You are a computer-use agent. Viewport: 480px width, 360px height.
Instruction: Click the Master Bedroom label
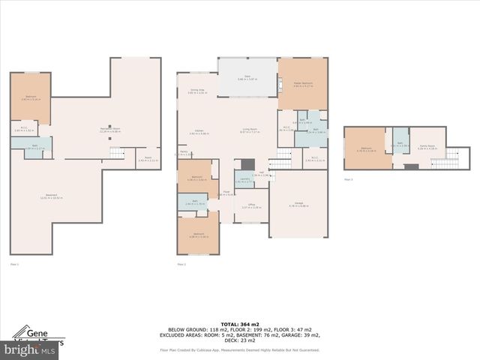coord(302,85)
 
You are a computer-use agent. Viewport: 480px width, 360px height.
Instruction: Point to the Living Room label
coord(250,131)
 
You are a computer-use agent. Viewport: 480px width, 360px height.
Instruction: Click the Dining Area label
coord(197,91)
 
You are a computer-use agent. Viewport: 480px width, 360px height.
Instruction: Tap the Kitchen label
coord(199,131)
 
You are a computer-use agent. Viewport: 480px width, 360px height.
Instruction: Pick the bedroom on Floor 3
coord(365,148)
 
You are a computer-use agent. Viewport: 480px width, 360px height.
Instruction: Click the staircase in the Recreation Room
coord(117,153)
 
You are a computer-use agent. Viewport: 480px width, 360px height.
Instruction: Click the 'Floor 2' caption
coord(181,264)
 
